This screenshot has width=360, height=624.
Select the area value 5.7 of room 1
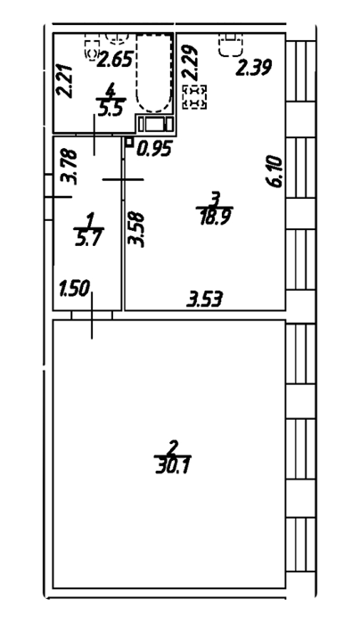tap(88, 240)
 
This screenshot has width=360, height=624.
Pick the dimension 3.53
tap(205, 300)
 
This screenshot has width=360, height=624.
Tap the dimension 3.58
tap(136, 230)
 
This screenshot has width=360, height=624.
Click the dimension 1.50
tap(76, 289)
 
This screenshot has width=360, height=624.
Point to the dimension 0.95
tap(154, 149)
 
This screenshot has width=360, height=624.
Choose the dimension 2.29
tap(189, 62)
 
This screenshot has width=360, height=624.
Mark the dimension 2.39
tap(253, 67)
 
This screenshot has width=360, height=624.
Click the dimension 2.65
tap(115, 60)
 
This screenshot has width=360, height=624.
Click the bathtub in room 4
tap(154, 73)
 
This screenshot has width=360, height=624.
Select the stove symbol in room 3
tap(195, 97)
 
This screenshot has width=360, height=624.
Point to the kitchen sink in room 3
tap(231, 45)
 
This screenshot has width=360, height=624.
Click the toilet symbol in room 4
tap(92, 48)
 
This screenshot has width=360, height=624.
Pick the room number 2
tap(172, 448)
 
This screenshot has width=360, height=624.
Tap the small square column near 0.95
tap(129, 141)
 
